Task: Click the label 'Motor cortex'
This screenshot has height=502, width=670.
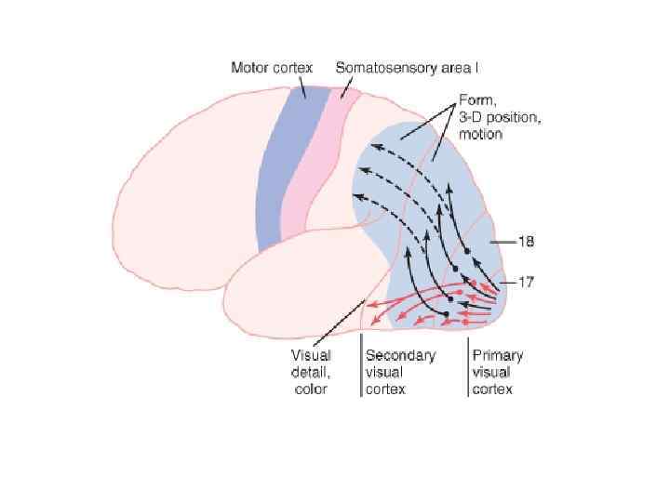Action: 272,68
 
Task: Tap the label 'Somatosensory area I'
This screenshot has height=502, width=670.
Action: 407,68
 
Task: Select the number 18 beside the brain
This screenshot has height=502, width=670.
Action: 526,242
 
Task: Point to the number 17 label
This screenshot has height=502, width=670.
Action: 526,282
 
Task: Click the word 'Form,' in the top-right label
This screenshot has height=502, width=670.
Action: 476,100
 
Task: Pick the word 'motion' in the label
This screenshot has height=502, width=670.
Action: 480,134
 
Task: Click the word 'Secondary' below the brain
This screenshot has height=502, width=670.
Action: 400,355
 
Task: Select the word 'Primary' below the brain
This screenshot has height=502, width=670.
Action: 497,355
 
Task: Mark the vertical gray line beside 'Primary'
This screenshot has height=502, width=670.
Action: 468,367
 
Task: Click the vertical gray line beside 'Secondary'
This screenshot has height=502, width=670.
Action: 361,367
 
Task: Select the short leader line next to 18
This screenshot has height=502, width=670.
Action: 502,242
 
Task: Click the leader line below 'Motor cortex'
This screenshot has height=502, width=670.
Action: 303,85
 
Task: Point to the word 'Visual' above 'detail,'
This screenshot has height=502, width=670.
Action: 312,356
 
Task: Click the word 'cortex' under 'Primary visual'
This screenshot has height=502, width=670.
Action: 492,390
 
